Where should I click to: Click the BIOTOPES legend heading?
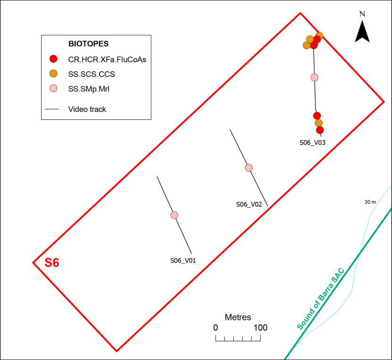88,44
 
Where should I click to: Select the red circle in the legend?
53,59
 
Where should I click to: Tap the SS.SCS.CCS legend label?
92,74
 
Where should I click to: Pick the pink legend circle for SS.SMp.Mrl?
53,88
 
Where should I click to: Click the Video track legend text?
87,109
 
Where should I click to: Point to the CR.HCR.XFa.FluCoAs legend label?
107,59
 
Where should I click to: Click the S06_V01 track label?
183,260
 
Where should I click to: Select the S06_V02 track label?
249,204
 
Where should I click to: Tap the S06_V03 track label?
313,142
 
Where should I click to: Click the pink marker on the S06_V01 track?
174,215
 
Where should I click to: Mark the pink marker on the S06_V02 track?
249,167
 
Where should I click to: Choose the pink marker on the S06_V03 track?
315,77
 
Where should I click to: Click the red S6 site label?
52,263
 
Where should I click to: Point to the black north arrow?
362,32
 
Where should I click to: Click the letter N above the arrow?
362,14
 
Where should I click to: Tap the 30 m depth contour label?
370,202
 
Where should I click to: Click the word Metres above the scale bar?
238,317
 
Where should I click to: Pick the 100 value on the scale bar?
261,327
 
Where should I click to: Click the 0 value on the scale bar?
215,327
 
